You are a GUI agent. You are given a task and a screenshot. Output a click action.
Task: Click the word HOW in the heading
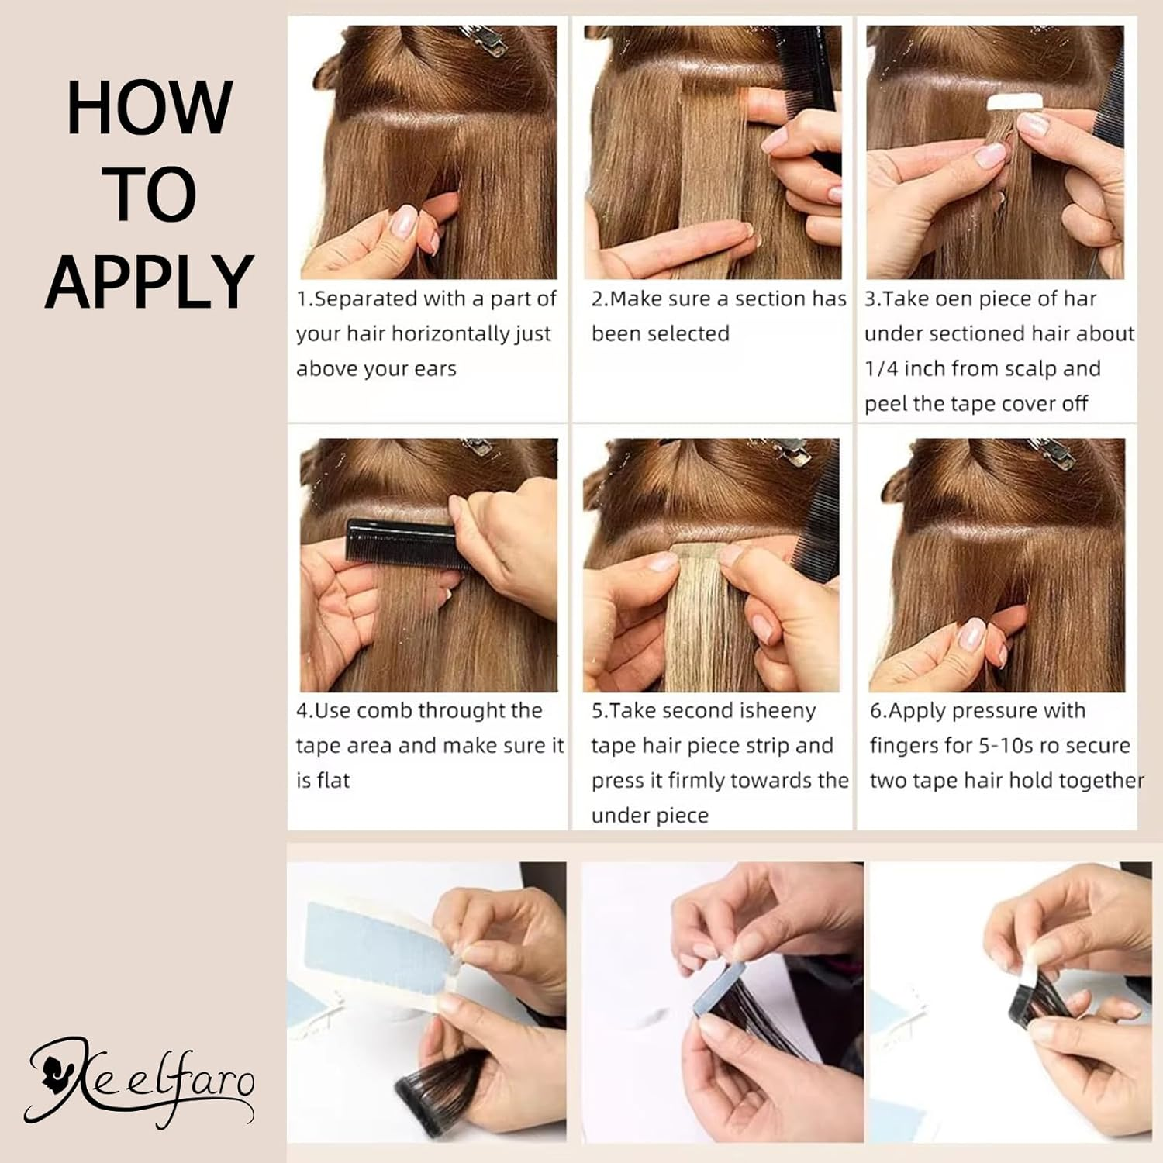tap(149, 108)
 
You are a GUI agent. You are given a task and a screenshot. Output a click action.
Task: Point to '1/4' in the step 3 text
tap(881, 369)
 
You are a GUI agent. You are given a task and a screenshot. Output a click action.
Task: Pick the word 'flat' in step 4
tap(333, 781)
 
